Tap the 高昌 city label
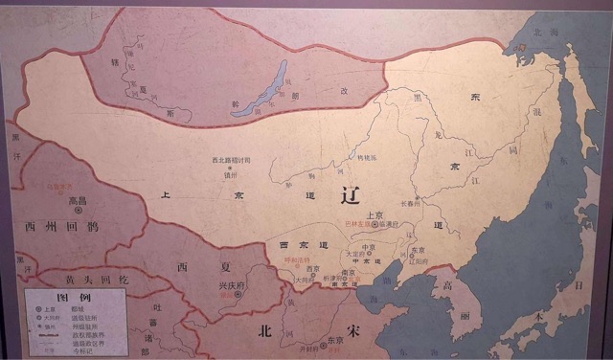78,202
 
